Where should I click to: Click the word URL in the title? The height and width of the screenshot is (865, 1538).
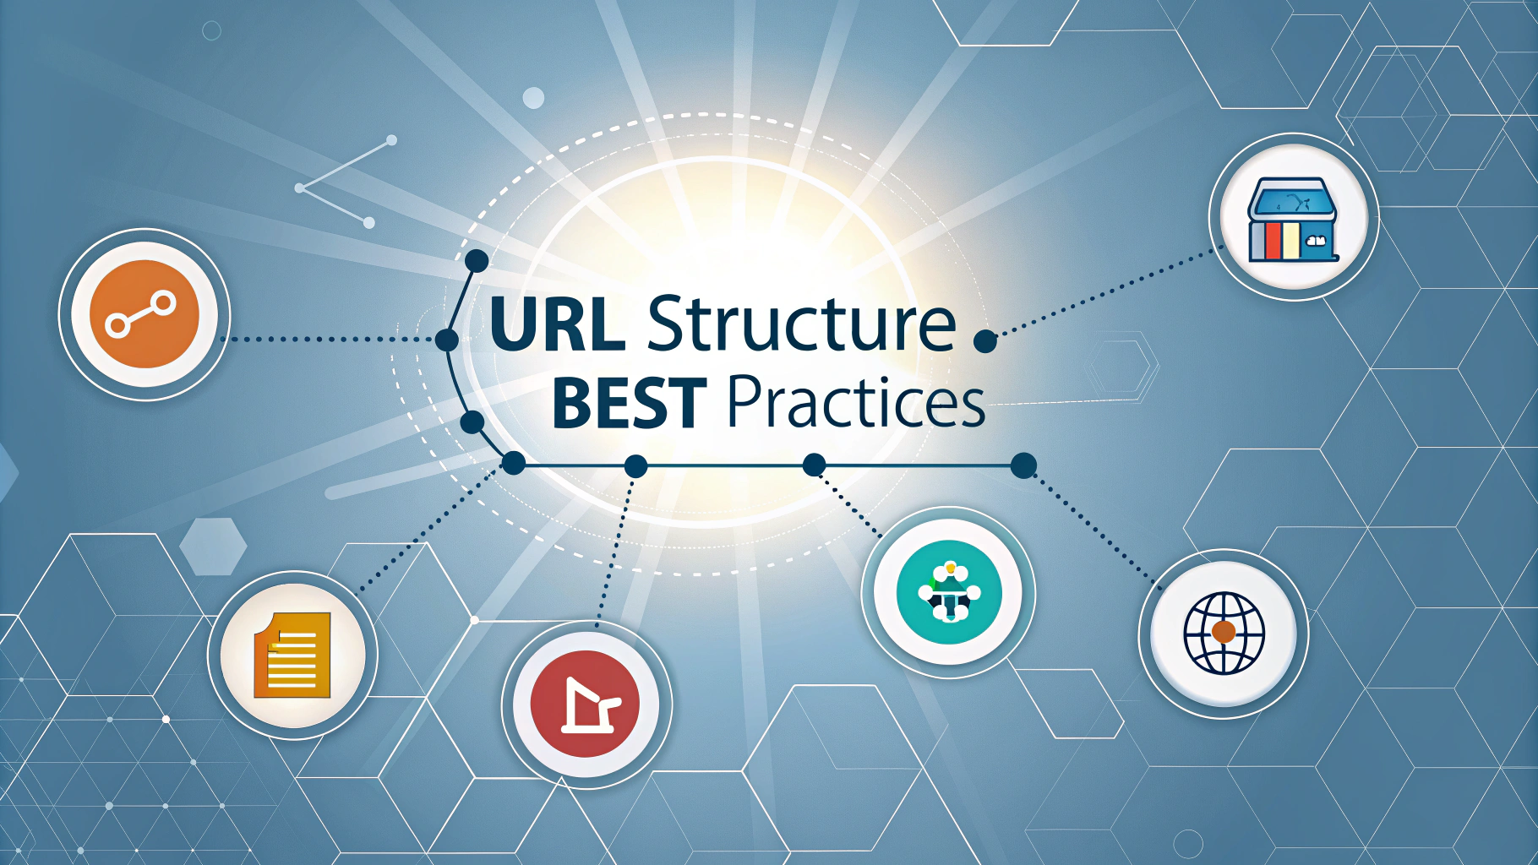tap(557, 323)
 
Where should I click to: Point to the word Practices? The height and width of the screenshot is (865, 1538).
tap(855, 401)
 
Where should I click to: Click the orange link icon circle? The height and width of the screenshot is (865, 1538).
tap(145, 314)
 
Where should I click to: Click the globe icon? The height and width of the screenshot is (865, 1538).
tap(1224, 633)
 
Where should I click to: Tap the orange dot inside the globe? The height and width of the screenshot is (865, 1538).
tap(1223, 631)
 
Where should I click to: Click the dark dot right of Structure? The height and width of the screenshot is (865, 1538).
tap(985, 341)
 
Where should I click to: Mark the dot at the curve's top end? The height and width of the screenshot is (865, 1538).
tap(477, 260)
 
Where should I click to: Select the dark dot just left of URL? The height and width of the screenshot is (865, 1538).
tap(447, 340)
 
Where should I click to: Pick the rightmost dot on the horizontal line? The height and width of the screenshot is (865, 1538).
tap(1023, 465)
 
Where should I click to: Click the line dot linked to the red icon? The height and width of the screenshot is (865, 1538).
tap(635, 465)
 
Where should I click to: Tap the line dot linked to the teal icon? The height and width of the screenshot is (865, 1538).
tap(814, 465)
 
